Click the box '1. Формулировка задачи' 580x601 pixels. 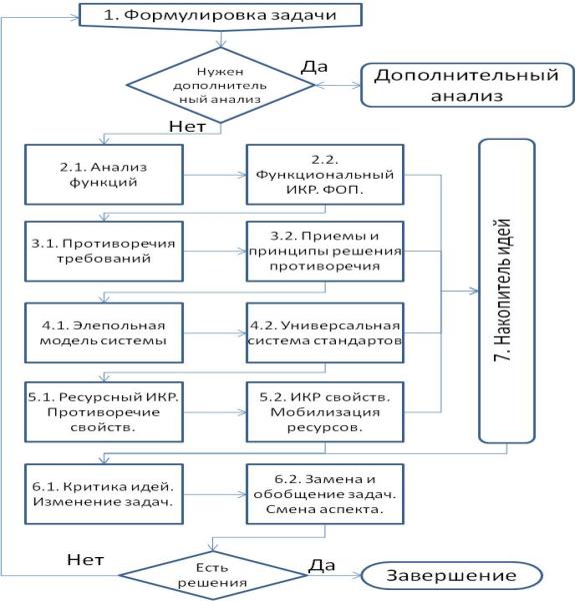[220, 15]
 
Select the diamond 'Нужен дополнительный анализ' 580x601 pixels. [220, 85]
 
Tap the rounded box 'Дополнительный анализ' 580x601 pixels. [467, 85]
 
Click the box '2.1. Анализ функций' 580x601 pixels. [104, 175]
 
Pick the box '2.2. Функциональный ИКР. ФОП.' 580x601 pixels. [325, 175]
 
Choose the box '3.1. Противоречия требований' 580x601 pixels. [104, 251]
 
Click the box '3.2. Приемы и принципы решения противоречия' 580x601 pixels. [325, 251]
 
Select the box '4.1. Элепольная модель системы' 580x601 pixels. [104, 332]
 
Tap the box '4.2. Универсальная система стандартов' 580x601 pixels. [325, 332]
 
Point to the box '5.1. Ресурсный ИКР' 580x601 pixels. [104, 412]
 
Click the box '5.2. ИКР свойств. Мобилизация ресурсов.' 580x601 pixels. [325, 412]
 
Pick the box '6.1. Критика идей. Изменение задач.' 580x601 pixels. [104, 494]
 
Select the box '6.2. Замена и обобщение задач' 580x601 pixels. [325, 494]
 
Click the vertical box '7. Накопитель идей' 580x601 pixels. [507, 291]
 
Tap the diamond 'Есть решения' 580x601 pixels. [212, 575]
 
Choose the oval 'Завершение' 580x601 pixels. [451, 575]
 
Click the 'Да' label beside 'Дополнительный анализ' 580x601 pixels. [314, 67]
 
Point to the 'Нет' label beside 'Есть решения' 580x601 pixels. [85, 560]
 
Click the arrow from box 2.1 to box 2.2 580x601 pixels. [215, 175]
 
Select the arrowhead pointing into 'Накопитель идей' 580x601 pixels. [474, 292]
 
